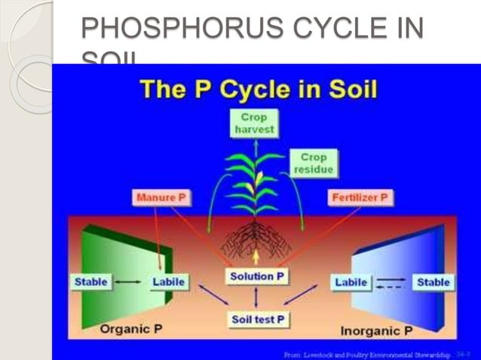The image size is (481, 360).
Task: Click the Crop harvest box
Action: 253,123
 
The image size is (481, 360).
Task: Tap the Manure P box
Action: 161,198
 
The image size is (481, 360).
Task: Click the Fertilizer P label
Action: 360,198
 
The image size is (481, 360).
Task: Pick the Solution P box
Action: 256,276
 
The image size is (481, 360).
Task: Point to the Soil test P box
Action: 257,319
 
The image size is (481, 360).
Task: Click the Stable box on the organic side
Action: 91,282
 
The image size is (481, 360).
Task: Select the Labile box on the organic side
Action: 168,282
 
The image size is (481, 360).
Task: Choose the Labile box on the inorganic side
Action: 351,282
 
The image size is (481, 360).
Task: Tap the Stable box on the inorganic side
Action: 433,282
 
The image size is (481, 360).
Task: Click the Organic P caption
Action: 133,329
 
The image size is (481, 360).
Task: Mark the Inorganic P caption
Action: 376,330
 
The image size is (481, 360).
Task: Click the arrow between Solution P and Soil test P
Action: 256,297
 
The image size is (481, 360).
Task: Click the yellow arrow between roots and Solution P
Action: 256,258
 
